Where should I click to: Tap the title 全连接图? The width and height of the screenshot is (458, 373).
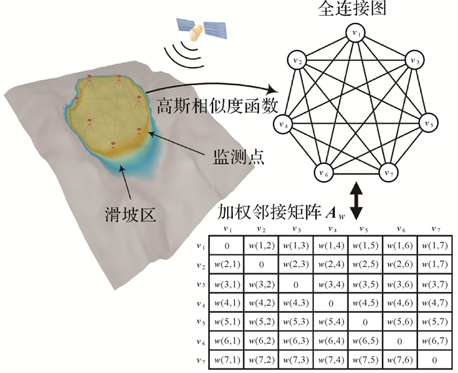click(355, 10)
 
